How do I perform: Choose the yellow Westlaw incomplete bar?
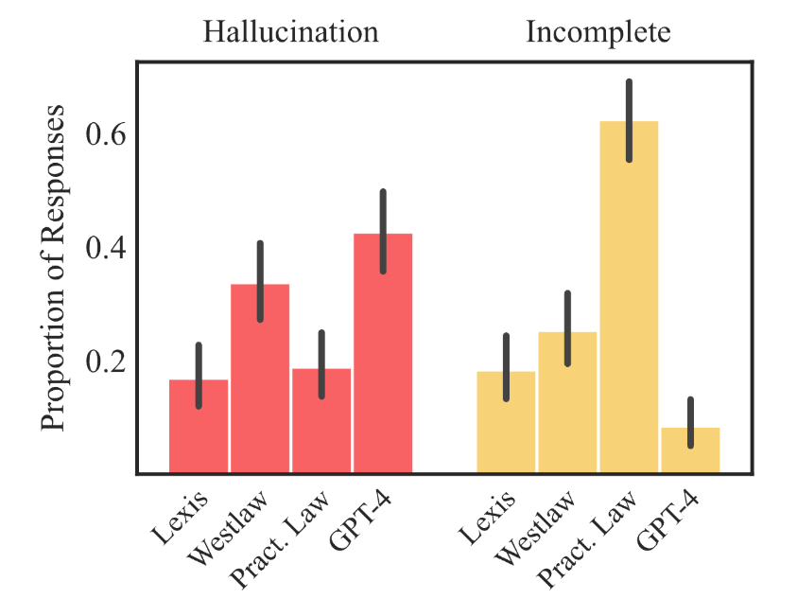(567, 407)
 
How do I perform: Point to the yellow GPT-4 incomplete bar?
(690, 452)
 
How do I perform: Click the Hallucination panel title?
(290, 32)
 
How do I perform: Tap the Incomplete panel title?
(598, 32)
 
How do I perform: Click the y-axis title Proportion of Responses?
(55, 268)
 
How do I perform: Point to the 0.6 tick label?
(106, 135)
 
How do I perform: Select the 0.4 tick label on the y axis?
(106, 249)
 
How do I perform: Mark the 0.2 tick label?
(106, 362)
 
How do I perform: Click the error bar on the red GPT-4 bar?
(383, 232)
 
